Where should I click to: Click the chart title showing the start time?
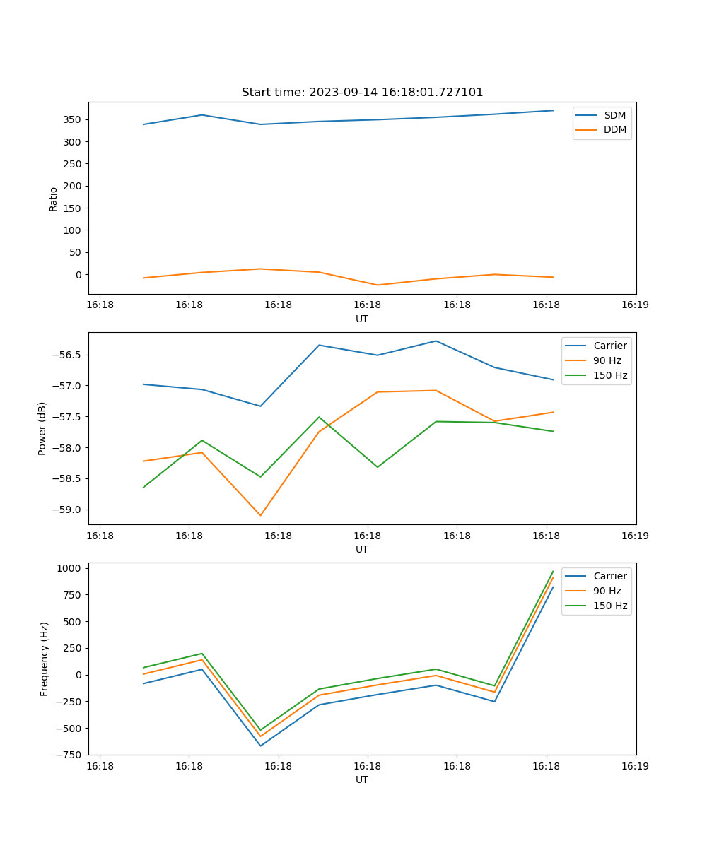tap(362, 93)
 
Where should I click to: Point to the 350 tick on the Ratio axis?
tap(74, 119)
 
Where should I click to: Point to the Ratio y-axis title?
tap(54, 199)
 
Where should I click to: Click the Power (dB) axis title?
tap(42, 428)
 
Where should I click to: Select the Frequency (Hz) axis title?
tap(45, 659)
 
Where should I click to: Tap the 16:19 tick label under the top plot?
tap(635, 305)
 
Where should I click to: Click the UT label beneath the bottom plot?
tap(362, 779)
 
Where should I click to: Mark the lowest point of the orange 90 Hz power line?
tap(260, 515)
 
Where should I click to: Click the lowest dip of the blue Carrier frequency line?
tap(260, 746)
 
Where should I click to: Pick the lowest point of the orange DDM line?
tap(378, 285)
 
